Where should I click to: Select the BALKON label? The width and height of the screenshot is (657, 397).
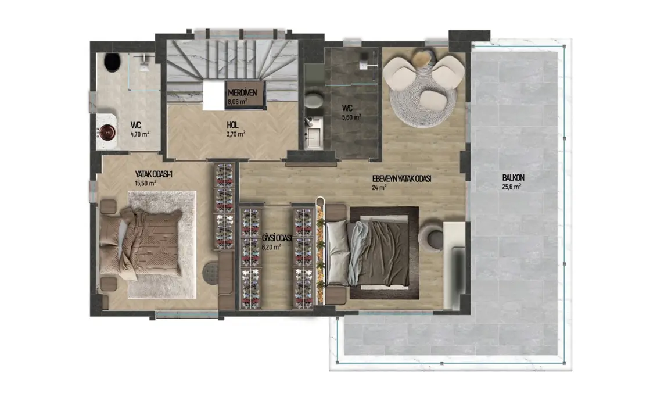coord(512,178)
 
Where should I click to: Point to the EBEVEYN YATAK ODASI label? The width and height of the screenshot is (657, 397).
coord(401,179)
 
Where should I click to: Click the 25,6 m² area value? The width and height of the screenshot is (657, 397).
coord(511,187)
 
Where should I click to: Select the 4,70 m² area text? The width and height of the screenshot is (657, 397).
coord(139,134)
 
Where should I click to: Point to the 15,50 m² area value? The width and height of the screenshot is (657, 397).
coord(145,183)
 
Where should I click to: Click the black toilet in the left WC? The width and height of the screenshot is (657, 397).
coord(112,62)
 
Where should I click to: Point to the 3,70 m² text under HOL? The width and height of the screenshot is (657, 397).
coord(235,133)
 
